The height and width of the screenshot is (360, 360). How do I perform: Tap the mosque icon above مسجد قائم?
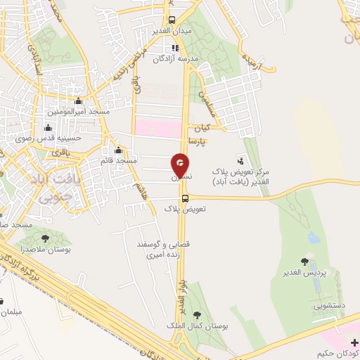pyautogui.click(x=118, y=150)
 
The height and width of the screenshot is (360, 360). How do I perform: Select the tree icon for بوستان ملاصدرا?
pyautogui.click(x=46, y=239)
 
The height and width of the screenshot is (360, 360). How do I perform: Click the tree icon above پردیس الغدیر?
pyautogui.click(x=304, y=262)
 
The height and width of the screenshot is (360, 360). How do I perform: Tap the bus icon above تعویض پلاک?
pyautogui.click(x=184, y=198)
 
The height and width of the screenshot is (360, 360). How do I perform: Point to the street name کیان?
pyautogui.click(x=202, y=129)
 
